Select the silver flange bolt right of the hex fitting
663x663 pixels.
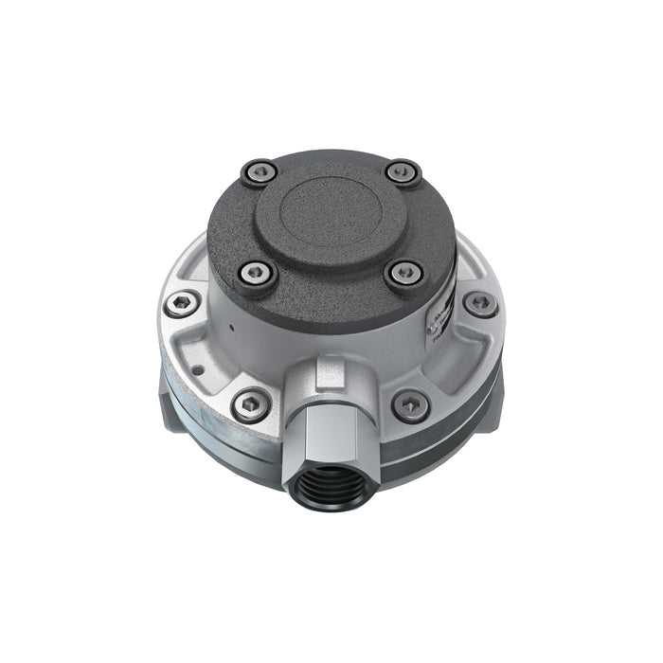coord(410,404)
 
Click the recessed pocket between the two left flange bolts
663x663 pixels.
coord(204,354)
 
